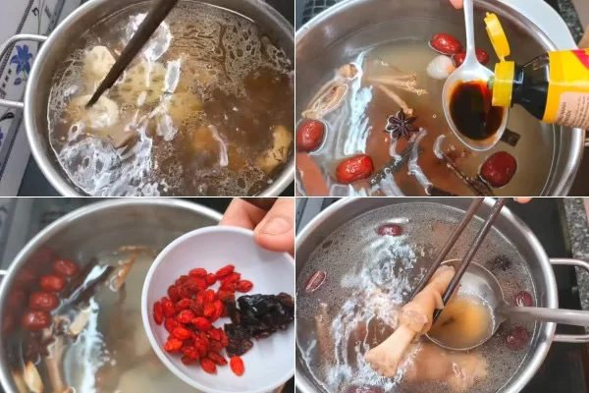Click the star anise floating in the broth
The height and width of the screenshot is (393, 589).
point(400,124)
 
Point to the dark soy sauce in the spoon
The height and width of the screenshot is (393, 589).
point(474,110)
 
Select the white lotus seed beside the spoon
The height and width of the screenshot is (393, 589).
point(440,67)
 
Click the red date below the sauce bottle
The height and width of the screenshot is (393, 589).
point(500,168)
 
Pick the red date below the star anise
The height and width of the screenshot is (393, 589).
point(354,168)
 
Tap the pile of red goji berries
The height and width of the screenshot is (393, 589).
point(196,315)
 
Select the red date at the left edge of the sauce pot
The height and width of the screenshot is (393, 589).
point(310,135)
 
